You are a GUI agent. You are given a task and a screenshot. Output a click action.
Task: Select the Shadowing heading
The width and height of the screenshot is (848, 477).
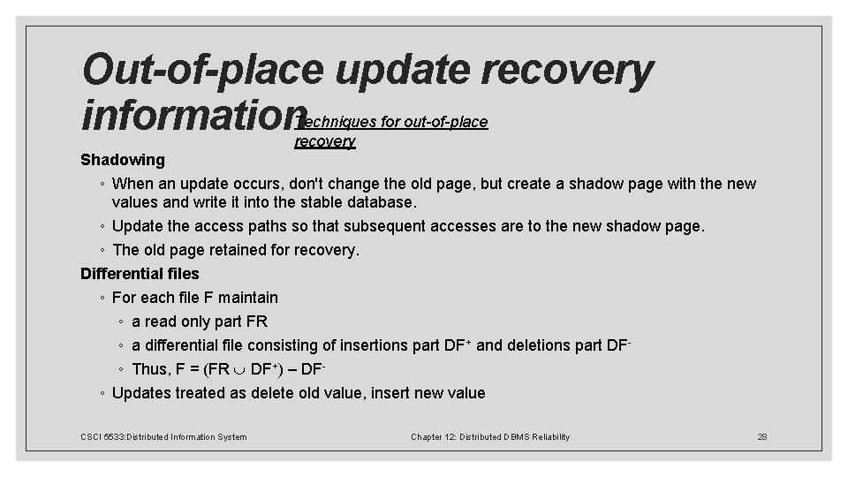point(122,160)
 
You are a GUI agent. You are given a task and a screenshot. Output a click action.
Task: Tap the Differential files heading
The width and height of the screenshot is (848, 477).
point(140,274)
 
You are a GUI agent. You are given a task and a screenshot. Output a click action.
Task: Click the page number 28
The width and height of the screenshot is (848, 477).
point(763,436)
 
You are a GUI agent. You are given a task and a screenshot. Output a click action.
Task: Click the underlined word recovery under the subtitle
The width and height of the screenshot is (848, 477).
point(324,141)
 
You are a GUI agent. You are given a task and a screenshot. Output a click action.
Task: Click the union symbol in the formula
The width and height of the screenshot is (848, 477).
point(239,369)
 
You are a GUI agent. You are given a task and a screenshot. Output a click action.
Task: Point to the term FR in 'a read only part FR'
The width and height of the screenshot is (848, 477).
point(256,322)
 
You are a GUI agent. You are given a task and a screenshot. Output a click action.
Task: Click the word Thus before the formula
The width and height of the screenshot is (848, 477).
point(149,369)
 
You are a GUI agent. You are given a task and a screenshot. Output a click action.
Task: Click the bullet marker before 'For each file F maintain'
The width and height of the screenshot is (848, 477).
point(104,298)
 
